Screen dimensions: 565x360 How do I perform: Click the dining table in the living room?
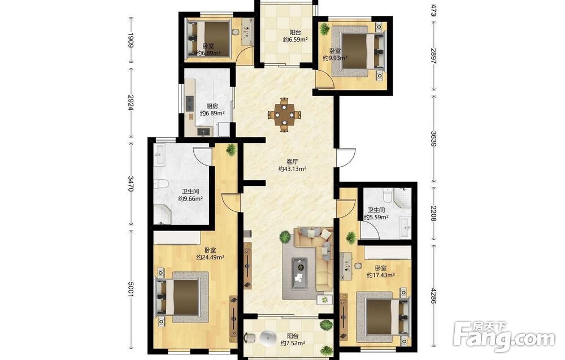tap(285, 115)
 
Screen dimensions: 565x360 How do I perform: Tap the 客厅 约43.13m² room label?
tap(292, 166)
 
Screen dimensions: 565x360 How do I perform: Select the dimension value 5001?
tap(131, 289)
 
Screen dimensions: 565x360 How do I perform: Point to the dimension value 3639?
tap(433, 138)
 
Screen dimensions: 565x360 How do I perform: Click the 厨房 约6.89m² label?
tap(212, 110)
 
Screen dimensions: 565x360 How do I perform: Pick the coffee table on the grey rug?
tap(299, 274)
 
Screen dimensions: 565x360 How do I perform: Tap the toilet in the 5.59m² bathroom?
tap(388, 195)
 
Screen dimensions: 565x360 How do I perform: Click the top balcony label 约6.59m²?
tap(295, 40)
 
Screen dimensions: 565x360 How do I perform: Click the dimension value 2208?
tap(433, 214)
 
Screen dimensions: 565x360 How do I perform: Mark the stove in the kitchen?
tap(190, 103)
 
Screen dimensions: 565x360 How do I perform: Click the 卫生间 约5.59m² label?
tap(376, 214)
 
